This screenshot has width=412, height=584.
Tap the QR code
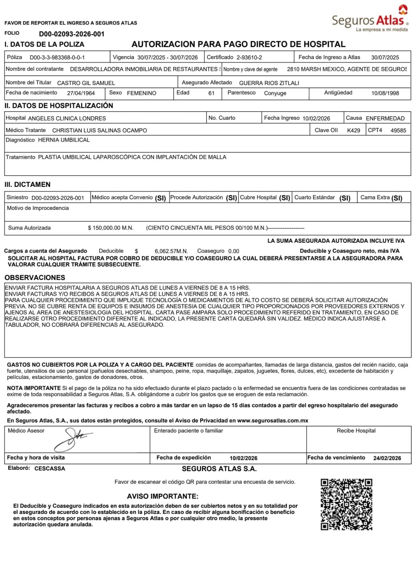coord(346,504)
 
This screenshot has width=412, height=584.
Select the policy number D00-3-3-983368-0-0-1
coord(57,58)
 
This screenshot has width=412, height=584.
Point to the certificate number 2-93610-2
coord(249,57)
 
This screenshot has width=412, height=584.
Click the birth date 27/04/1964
coord(81,93)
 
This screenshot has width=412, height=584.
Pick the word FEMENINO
coord(142,93)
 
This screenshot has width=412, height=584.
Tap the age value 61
coord(211,93)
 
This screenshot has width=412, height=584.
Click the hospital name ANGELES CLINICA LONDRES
coord(67,118)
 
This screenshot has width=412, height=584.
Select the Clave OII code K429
coord(354,130)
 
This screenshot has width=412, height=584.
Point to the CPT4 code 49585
coord(398,130)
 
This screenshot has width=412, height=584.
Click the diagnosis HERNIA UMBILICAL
coord(64,140)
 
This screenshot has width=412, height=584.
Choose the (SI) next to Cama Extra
coord(397,198)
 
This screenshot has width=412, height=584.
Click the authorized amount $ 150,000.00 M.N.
coord(111,228)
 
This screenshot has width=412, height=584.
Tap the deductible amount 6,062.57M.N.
coord(171,251)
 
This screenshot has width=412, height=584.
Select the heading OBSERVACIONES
coord(35,277)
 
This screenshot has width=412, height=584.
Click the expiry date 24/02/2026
coord(387,458)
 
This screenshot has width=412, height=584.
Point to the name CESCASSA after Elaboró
coord(50,468)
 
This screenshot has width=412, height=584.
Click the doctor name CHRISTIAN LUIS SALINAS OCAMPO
coord(100,130)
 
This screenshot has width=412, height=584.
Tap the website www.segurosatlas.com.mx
coord(273,420)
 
